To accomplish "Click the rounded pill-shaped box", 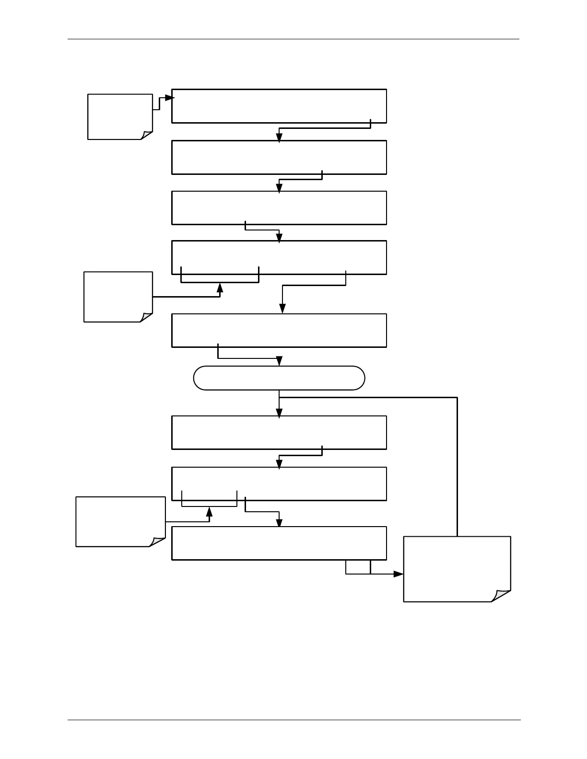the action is pyautogui.click(x=279, y=378).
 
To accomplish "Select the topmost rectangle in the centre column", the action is pyautogui.click(x=279, y=106).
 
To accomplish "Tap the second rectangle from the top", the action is pyautogui.click(x=279, y=157).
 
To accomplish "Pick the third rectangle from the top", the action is pyautogui.click(x=279, y=207).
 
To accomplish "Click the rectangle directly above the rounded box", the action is pyautogui.click(x=279, y=330).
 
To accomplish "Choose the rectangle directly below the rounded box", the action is pyautogui.click(x=279, y=432).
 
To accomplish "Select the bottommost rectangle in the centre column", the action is pyautogui.click(x=279, y=543).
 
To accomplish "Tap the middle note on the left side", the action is pyautogui.click(x=118, y=297).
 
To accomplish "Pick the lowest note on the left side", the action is pyautogui.click(x=120, y=521).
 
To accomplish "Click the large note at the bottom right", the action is pyautogui.click(x=457, y=569).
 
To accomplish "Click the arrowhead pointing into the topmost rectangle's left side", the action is pyautogui.click(x=169, y=98).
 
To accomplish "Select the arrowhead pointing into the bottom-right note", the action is pyautogui.click(x=399, y=574).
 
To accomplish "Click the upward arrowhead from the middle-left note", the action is pyautogui.click(x=220, y=287).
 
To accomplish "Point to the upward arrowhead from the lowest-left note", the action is pyautogui.click(x=209, y=512).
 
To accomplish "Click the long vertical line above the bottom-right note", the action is pyautogui.click(x=458, y=465).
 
